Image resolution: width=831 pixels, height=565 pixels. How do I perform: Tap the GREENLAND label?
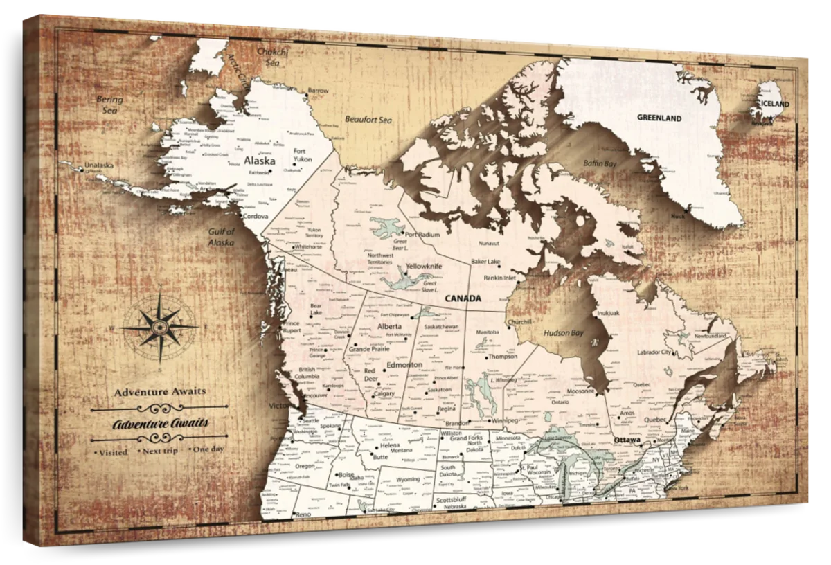coord(659,118)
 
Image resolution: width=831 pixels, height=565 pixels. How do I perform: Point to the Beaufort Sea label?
coord(368,120)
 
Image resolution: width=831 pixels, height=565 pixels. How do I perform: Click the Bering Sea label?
coord(109,105)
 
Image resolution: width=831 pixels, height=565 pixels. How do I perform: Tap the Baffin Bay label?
coord(599,164)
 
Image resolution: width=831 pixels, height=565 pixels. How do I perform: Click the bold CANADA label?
coord(463,298)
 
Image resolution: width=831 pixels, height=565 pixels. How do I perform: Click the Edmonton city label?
coord(405,365)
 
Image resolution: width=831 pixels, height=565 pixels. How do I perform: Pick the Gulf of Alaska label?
coord(222,237)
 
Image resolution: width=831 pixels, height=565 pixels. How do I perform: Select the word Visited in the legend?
coord(114,452)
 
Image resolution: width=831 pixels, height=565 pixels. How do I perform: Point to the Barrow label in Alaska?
coord(318,91)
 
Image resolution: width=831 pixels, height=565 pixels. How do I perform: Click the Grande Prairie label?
coord(368,349)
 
